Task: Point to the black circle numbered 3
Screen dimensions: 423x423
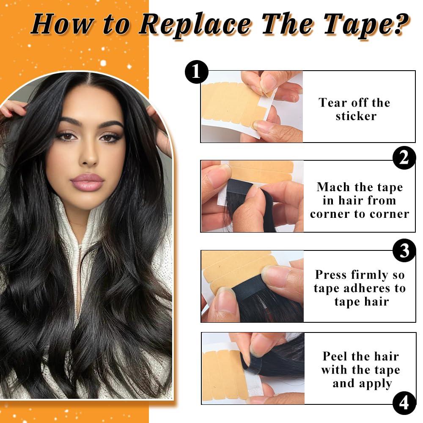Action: tap(404, 250)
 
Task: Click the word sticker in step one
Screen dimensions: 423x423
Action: tap(356, 116)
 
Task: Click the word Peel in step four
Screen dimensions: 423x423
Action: tap(337, 356)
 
